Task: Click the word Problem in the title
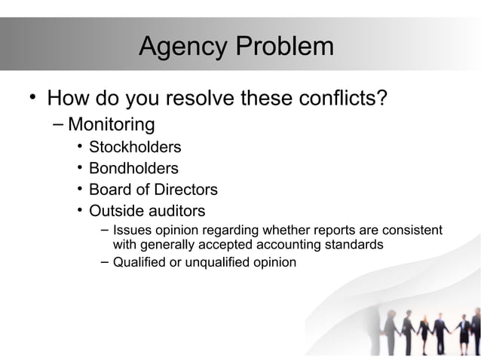pyautogui.click(x=284, y=47)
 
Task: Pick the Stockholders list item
pyautogui.click(x=135, y=146)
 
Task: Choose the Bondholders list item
pyautogui.click(x=133, y=168)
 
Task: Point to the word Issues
pyautogui.click(x=130, y=230)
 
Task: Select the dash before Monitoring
pyautogui.click(x=60, y=124)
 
